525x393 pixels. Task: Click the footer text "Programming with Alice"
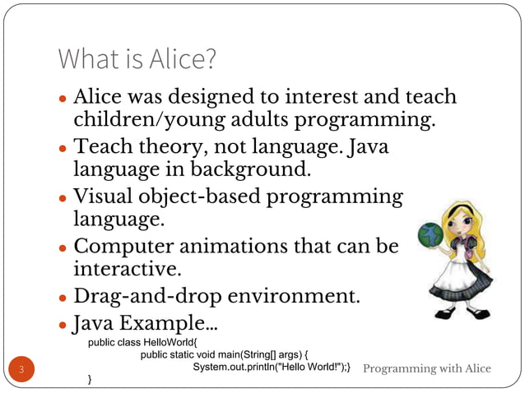pyautogui.click(x=427, y=368)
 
